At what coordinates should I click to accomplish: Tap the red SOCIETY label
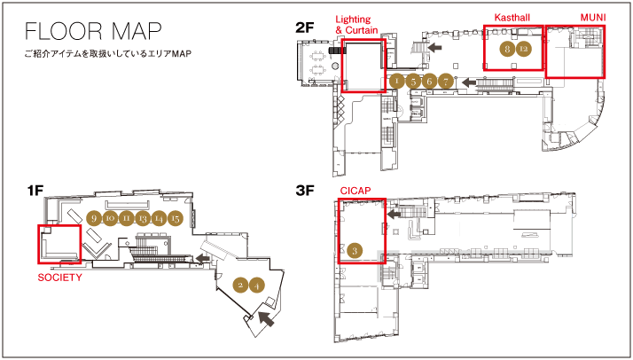pos(59,278)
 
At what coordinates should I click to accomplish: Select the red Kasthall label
pos(512,18)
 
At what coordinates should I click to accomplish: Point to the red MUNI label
pos(591,18)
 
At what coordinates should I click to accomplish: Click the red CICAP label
pos(355,191)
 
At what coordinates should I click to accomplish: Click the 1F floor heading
pos(35,191)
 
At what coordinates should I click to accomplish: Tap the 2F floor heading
pos(305,28)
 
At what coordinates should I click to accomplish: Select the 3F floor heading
pos(305,191)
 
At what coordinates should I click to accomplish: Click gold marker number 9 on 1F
pos(93,218)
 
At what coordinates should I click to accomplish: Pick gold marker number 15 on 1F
pos(176,218)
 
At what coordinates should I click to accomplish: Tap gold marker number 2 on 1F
pos(239,285)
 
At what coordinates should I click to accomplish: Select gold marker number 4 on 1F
pos(256,285)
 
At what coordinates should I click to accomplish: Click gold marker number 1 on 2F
pos(397,82)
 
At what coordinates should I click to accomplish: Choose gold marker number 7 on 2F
pos(446,82)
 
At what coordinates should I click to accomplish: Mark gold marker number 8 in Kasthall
pos(507,50)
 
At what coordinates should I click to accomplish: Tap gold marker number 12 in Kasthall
pos(524,50)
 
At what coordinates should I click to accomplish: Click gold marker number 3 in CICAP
pos(355,251)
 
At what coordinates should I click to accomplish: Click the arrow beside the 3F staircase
pos(395,214)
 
